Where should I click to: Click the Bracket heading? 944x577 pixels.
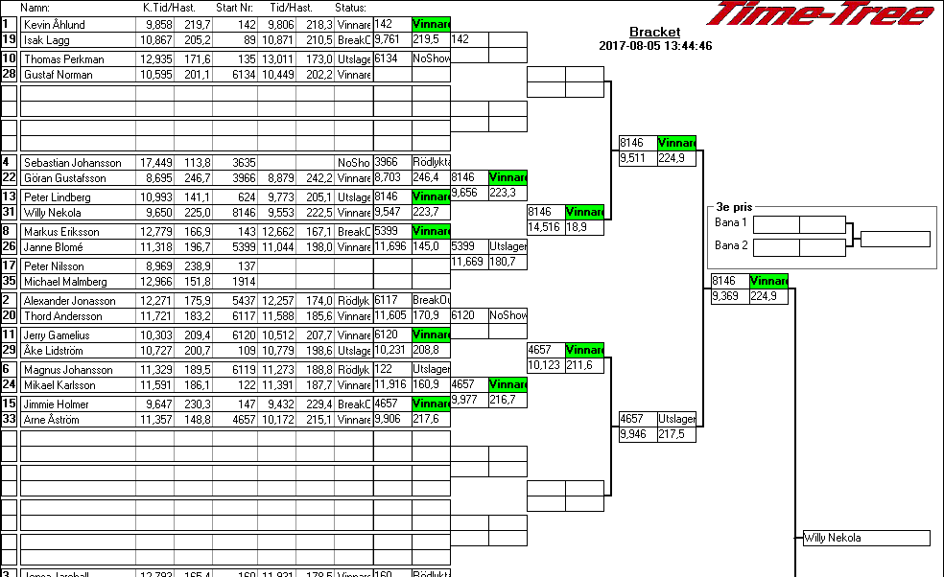pos(654,33)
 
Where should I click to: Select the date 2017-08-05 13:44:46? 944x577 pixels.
pos(655,45)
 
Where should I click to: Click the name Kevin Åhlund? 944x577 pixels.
pos(55,25)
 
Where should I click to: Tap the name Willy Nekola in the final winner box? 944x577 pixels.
pos(833,538)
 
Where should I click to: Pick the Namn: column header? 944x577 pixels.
pos(35,8)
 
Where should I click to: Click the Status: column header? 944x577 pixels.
pos(351,8)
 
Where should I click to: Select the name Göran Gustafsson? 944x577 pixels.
pos(61,178)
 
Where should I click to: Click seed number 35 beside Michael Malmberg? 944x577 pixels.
pos(9,282)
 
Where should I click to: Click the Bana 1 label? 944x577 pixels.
pos(731,223)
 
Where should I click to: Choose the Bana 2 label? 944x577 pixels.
pos(731,245)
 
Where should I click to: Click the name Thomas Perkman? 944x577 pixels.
pos(63,59)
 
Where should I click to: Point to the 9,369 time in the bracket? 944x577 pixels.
pos(728,297)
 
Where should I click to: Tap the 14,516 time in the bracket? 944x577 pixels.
pos(543,227)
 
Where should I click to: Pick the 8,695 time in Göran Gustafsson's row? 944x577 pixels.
pos(158,178)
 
